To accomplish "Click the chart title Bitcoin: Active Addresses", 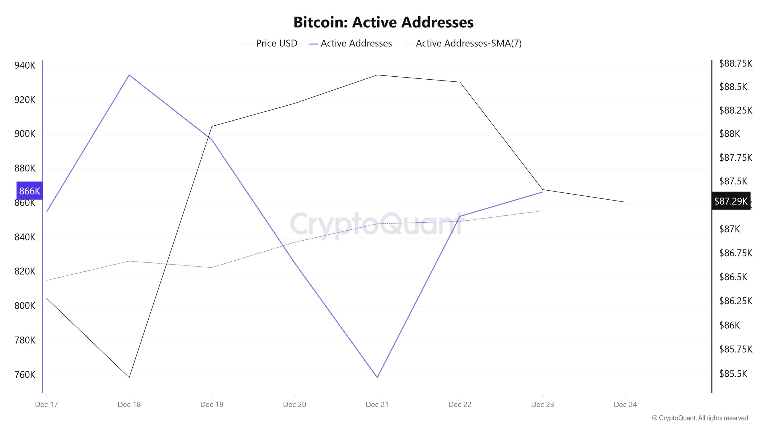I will [x=383, y=22].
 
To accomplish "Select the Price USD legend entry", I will [x=271, y=43].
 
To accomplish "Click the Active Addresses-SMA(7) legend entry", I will [x=463, y=43].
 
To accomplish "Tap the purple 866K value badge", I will [x=29, y=191].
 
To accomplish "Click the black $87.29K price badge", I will [x=731, y=201].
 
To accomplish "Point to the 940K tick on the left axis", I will [x=25, y=65].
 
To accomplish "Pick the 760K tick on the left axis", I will [x=25, y=375].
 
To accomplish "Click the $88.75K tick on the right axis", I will [x=736, y=63].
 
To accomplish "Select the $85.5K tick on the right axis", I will [x=733, y=374].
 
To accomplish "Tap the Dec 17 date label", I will [x=46, y=404].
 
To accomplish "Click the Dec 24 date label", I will [x=625, y=404].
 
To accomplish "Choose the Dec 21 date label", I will [x=377, y=404].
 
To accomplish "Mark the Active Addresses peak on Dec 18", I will [x=129, y=75].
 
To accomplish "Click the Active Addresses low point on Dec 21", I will [x=377, y=377].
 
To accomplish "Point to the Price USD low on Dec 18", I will [x=129, y=377].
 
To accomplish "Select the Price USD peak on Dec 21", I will [x=377, y=75].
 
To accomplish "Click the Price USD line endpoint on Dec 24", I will [x=625, y=202].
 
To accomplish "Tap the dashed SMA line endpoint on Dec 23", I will [x=542, y=211].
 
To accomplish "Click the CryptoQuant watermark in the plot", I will [x=376, y=224].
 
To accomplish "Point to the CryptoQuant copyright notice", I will [x=700, y=418].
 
